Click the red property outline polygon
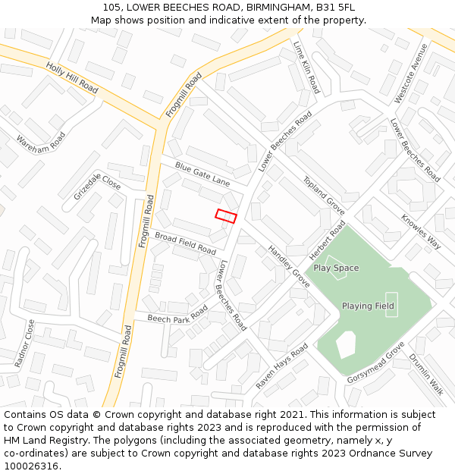point(226,215)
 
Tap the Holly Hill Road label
point(72,78)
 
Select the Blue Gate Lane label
point(202,174)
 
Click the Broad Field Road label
point(185,243)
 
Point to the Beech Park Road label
point(177,315)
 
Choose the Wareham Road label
point(41,142)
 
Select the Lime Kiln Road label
point(306,67)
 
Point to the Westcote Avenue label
point(411,73)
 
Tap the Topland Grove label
point(324,196)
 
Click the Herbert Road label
point(328,240)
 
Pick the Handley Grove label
point(289,266)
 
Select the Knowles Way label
point(421,232)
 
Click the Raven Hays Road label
point(281,366)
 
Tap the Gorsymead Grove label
point(376,363)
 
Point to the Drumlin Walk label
point(426,374)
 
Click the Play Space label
point(336,268)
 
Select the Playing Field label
point(368,306)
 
